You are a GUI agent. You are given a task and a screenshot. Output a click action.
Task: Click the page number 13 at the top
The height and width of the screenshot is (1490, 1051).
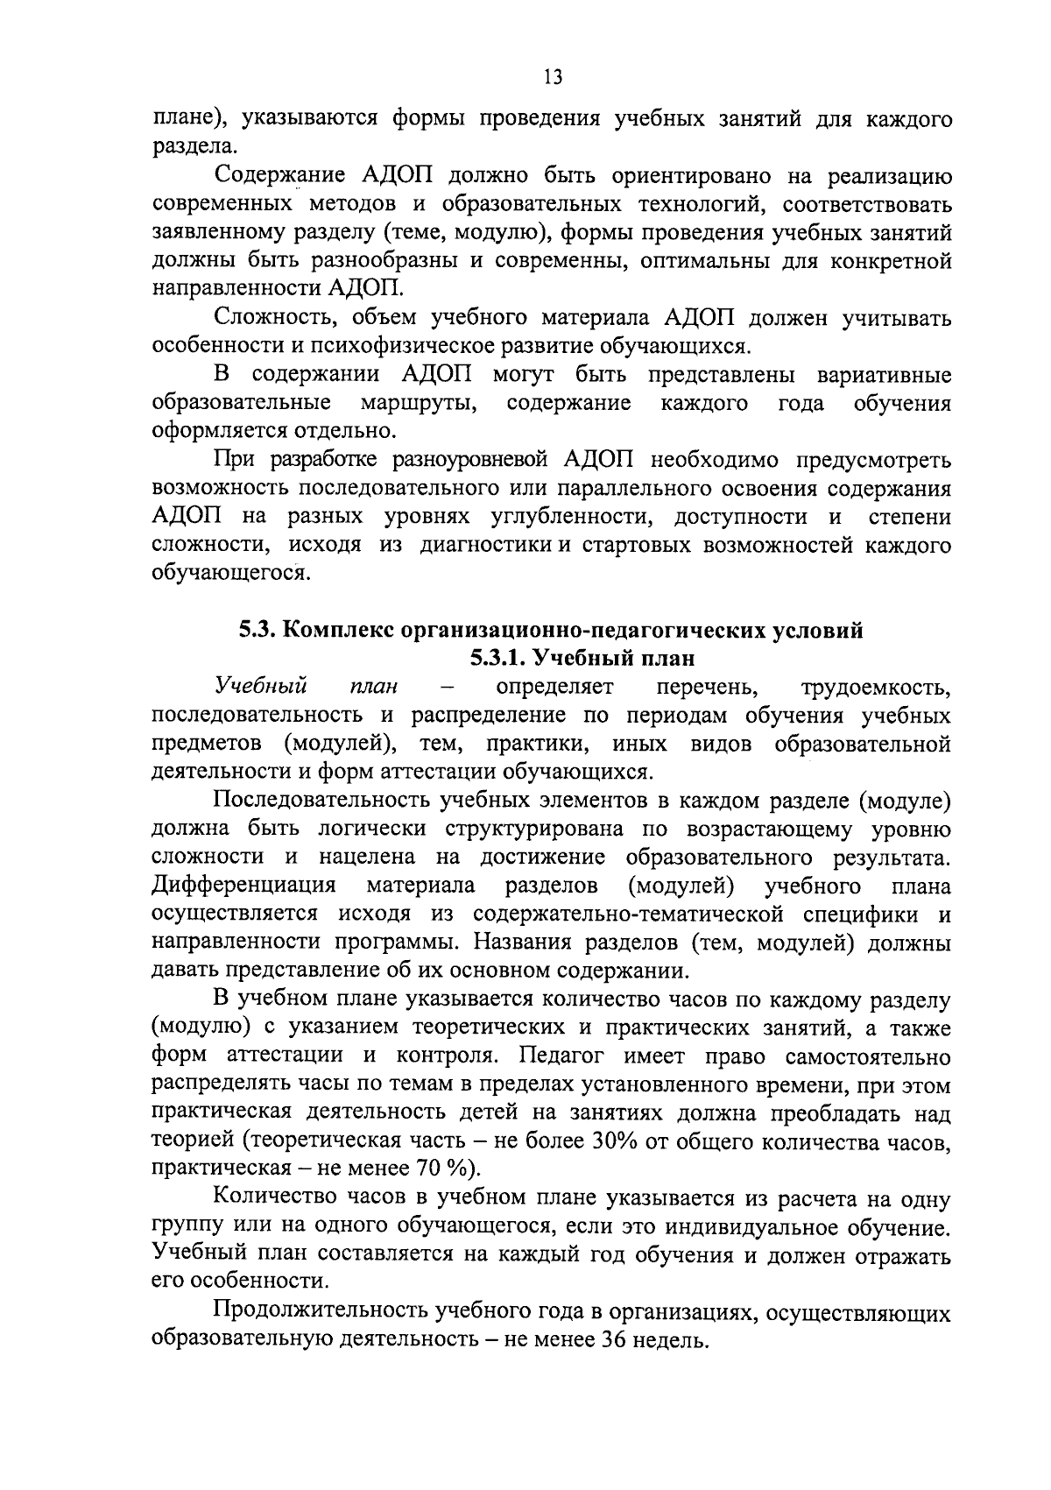[x=552, y=76]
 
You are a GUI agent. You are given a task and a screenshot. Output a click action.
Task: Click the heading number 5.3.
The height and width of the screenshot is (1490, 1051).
[x=259, y=631]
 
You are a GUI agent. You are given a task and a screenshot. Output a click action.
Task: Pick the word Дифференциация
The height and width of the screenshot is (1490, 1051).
[x=244, y=886]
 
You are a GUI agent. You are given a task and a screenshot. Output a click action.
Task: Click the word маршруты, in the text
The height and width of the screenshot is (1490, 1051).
[x=419, y=403]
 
